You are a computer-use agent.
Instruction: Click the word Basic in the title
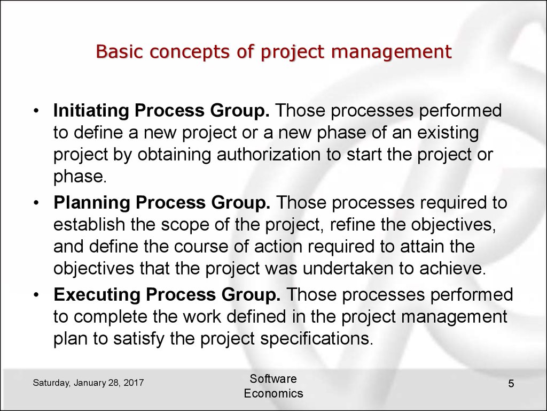(119, 51)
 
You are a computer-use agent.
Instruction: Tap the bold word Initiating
(91, 111)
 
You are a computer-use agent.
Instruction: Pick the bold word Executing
(97, 295)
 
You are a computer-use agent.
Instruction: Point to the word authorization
(269, 155)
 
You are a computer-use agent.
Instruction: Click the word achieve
(452, 269)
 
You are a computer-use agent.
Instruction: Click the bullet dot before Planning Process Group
(36, 203)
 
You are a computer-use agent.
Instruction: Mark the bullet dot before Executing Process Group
(36, 295)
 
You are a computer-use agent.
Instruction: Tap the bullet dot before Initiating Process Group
(36, 111)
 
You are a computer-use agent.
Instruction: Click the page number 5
(511, 384)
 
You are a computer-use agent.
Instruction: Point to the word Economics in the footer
(273, 393)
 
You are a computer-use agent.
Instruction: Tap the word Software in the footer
(273, 379)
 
